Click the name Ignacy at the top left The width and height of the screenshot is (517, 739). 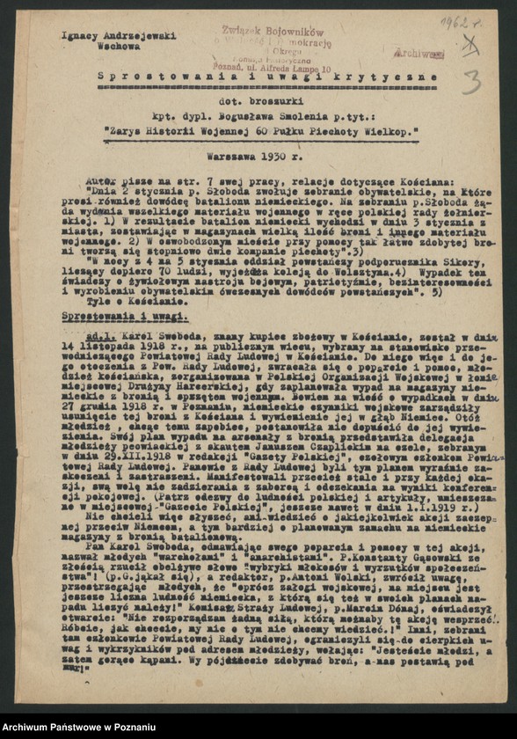point(78,36)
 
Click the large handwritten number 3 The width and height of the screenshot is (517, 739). point(471,84)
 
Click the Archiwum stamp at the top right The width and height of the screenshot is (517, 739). point(419,53)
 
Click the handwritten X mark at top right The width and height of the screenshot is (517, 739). point(471,44)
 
